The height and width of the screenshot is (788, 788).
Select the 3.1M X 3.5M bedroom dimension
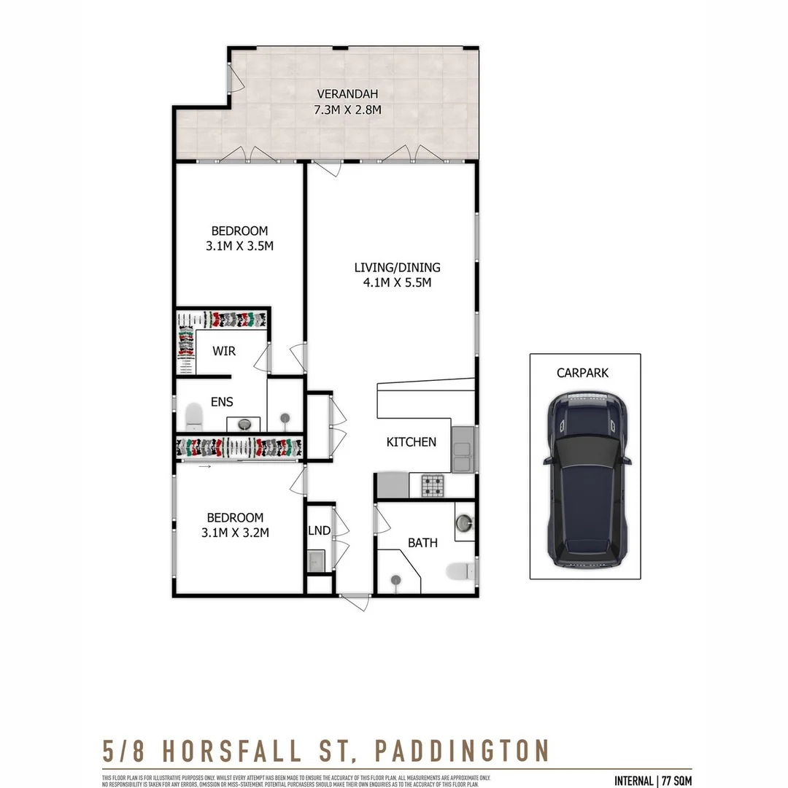[239, 246]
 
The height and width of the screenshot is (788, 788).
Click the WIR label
[224, 351]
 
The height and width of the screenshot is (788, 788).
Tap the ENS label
[222, 402]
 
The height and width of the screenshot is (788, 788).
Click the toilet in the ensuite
[194, 417]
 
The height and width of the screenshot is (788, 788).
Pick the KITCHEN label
[411, 441]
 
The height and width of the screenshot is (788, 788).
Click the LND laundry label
[320, 530]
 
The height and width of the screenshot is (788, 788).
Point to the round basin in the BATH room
[463, 522]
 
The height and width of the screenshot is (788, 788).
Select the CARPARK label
[582, 373]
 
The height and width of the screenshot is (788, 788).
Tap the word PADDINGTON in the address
[462, 750]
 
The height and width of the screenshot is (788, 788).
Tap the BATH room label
[422, 543]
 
